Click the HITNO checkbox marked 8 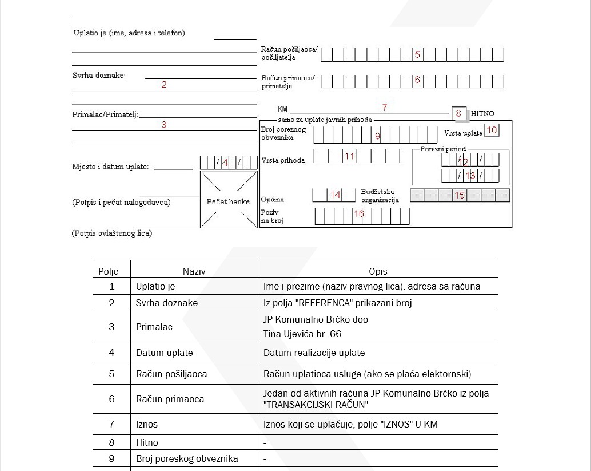(458, 113)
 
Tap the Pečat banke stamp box (228, 200)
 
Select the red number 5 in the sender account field (417, 55)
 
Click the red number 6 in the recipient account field (417, 80)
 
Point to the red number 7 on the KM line (385, 108)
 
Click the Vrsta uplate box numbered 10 (492, 130)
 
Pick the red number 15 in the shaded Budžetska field (460, 196)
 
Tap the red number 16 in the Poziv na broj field (359, 214)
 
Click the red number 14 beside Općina (335, 195)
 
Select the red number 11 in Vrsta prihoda (349, 156)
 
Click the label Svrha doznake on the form (99, 76)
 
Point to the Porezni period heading (443, 149)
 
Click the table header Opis (378, 271)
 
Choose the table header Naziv (194, 271)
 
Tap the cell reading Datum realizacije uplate (314, 353)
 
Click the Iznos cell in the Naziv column (147, 425)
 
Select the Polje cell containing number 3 (111, 327)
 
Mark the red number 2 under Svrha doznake (164, 85)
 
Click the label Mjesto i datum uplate (110, 167)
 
